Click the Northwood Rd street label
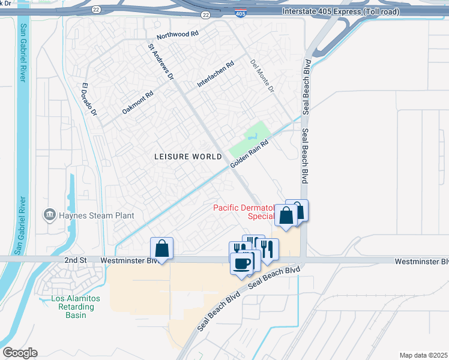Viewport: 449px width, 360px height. pyautogui.click(x=177, y=34)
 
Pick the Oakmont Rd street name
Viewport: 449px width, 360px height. pyautogui.click(x=138, y=102)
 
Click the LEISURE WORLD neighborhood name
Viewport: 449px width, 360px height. pyautogui.click(x=188, y=156)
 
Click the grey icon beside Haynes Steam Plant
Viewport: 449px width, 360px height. pyautogui.click(x=49, y=214)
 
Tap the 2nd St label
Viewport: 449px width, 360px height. pyautogui.click(x=76, y=261)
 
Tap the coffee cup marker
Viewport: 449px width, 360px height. pyautogui.click(x=241, y=263)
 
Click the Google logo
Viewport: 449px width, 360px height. pyautogui.click(x=20, y=353)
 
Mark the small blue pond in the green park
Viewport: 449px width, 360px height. pyautogui.click(x=260, y=128)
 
